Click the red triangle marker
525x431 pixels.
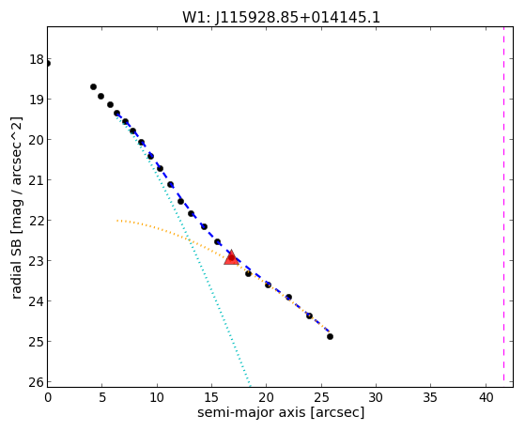click(x=231, y=257)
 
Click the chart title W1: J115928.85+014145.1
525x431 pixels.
click(x=281, y=18)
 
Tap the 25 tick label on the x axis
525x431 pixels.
click(x=321, y=397)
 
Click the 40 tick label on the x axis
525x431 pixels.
click(x=486, y=397)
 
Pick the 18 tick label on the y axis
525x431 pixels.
click(x=37, y=59)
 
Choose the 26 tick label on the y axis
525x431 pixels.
click(x=37, y=382)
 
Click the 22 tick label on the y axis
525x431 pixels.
click(x=37, y=221)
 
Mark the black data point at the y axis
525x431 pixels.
click(x=48, y=64)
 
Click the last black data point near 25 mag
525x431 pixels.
click(x=330, y=336)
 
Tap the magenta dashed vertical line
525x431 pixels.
click(x=503, y=207)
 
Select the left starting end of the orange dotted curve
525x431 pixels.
click(x=116, y=221)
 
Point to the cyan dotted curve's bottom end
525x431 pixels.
click(x=250, y=383)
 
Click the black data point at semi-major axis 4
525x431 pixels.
click(x=93, y=86)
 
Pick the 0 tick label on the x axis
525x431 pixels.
click(x=48, y=397)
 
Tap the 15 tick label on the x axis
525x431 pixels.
click(x=212, y=397)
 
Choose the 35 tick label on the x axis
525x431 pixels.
click(x=430, y=397)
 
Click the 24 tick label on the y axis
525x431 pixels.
click(x=37, y=301)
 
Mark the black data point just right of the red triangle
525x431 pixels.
click(x=248, y=273)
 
